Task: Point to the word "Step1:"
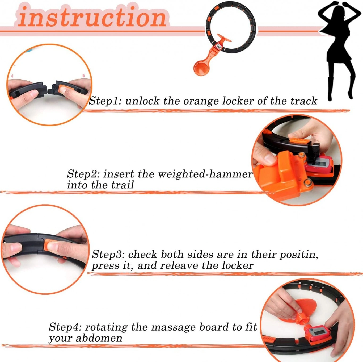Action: [106, 101]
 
